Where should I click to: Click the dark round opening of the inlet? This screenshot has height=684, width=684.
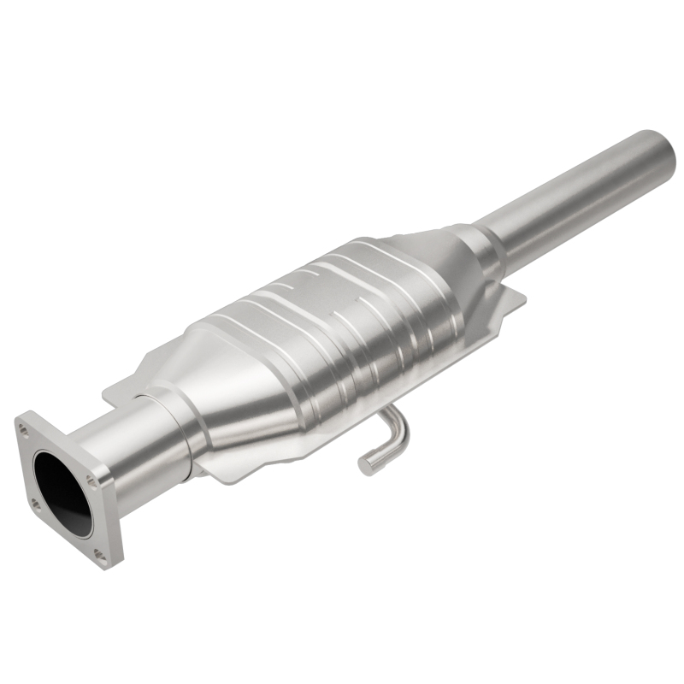pyautogui.click(x=62, y=492)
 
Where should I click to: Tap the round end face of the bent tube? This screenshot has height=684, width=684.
pyautogui.click(x=366, y=466)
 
